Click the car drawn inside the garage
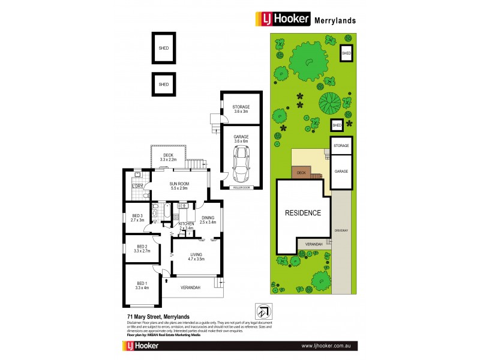[x=241, y=165]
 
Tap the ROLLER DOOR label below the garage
[x=241, y=187]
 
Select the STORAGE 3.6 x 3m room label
[x=241, y=109]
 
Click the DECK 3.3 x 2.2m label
[x=168, y=158]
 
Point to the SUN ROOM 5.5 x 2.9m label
[x=178, y=186]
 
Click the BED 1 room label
[x=142, y=286]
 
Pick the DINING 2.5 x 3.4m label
[x=208, y=220]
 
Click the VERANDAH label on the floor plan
[x=191, y=287]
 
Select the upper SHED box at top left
[x=164, y=47]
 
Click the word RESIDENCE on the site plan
[x=303, y=212]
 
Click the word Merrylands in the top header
[x=335, y=20]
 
